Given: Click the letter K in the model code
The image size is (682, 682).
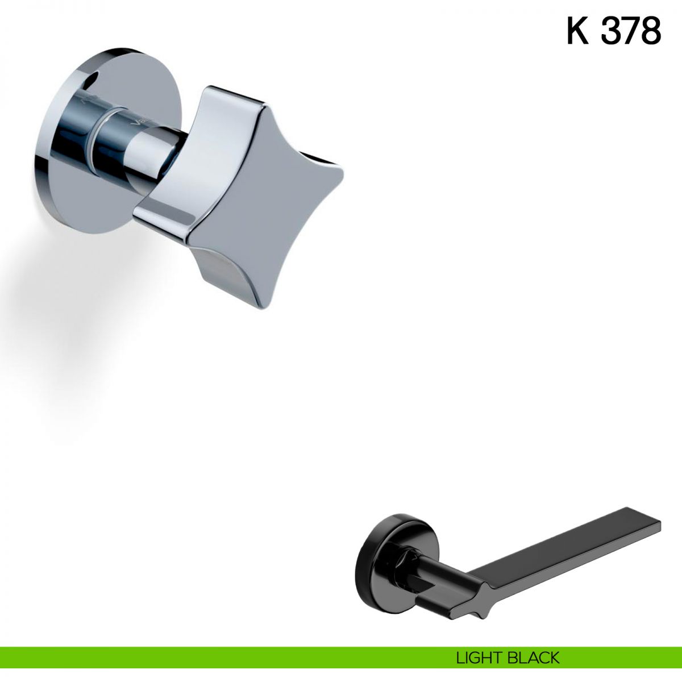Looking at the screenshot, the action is (578, 31).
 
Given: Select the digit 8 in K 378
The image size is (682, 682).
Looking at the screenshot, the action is (651, 31).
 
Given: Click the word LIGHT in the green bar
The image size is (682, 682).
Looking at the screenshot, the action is (479, 648).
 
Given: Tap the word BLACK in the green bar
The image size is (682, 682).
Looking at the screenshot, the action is (533, 648).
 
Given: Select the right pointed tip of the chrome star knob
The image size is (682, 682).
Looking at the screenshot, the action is (342, 176).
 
